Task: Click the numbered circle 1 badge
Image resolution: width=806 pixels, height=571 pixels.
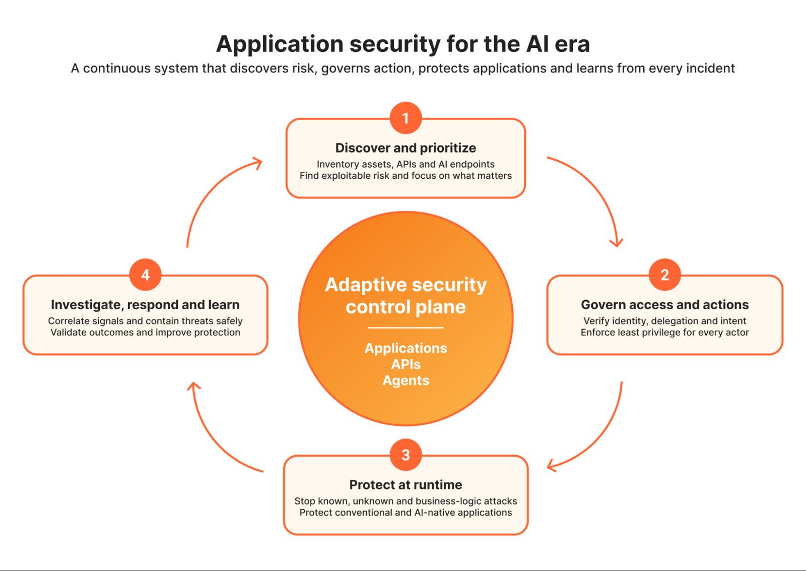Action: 406,118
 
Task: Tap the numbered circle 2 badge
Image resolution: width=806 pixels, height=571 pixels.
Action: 664,275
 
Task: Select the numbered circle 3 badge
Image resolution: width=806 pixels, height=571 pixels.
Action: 406,455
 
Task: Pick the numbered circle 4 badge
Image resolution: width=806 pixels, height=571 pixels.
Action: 146,275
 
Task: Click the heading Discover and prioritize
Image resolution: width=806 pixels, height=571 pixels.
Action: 406,148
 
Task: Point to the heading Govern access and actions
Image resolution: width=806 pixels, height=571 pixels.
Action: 664,305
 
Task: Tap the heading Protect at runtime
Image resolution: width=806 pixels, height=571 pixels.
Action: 406,485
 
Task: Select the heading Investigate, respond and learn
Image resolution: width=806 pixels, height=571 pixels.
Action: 146,305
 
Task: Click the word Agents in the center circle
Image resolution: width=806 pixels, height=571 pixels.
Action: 406,381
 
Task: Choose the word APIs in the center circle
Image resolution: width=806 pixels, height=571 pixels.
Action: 406,364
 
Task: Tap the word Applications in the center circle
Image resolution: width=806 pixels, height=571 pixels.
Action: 406,348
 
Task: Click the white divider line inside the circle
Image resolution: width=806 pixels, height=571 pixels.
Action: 406,328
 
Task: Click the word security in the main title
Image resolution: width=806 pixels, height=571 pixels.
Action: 395,45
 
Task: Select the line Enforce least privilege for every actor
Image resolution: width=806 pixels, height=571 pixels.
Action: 664,332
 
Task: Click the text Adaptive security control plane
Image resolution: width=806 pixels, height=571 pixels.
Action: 406,296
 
